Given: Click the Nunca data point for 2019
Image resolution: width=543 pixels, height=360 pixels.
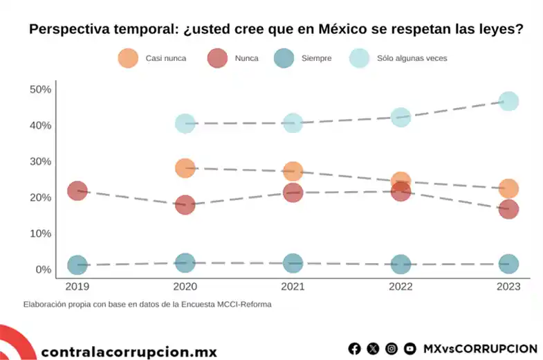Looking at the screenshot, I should click(x=77, y=190).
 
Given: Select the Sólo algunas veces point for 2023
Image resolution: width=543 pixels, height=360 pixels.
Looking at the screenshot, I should click(x=508, y=101).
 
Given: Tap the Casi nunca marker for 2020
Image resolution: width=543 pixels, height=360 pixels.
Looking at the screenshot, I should click(x=185, y=168).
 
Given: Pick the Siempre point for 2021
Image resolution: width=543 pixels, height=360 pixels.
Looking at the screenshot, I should click(x=293, y=263).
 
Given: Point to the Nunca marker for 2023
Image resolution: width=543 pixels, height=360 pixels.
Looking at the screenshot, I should click(x=508, y=208).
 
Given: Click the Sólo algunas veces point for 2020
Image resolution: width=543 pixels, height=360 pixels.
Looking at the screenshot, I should click(x=185, y=123).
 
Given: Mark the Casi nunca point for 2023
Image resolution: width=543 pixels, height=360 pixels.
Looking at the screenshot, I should click(x=508, y=188).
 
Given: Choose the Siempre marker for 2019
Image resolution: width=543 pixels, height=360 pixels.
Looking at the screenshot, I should click(x=77, y=264).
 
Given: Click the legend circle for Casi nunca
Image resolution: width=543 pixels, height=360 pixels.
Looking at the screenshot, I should click(x=128, y=58).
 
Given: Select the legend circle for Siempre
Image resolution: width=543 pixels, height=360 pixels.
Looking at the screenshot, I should click(x=284, y=58).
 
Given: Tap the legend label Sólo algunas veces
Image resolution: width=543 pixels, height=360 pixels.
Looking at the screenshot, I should click(x=412, y=59).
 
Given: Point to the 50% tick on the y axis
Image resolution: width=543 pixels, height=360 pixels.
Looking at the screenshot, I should click(x=40, y=89).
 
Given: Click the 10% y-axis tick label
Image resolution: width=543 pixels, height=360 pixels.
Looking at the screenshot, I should click(x=40, y=233).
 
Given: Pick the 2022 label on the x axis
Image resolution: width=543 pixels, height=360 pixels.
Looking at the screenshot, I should click(x=401, y=286).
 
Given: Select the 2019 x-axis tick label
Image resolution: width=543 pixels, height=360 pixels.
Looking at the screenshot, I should click(x=77, y=286).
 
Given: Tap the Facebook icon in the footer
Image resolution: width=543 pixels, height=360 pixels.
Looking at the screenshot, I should click(x=355, y=348).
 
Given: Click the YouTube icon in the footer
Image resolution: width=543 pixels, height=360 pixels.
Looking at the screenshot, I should click(x=409, y=348).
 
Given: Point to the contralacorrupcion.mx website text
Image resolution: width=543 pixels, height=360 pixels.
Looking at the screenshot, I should click(x=129, y=351).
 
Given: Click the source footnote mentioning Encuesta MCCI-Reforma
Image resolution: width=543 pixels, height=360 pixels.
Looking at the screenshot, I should click(x=147, y=304).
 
